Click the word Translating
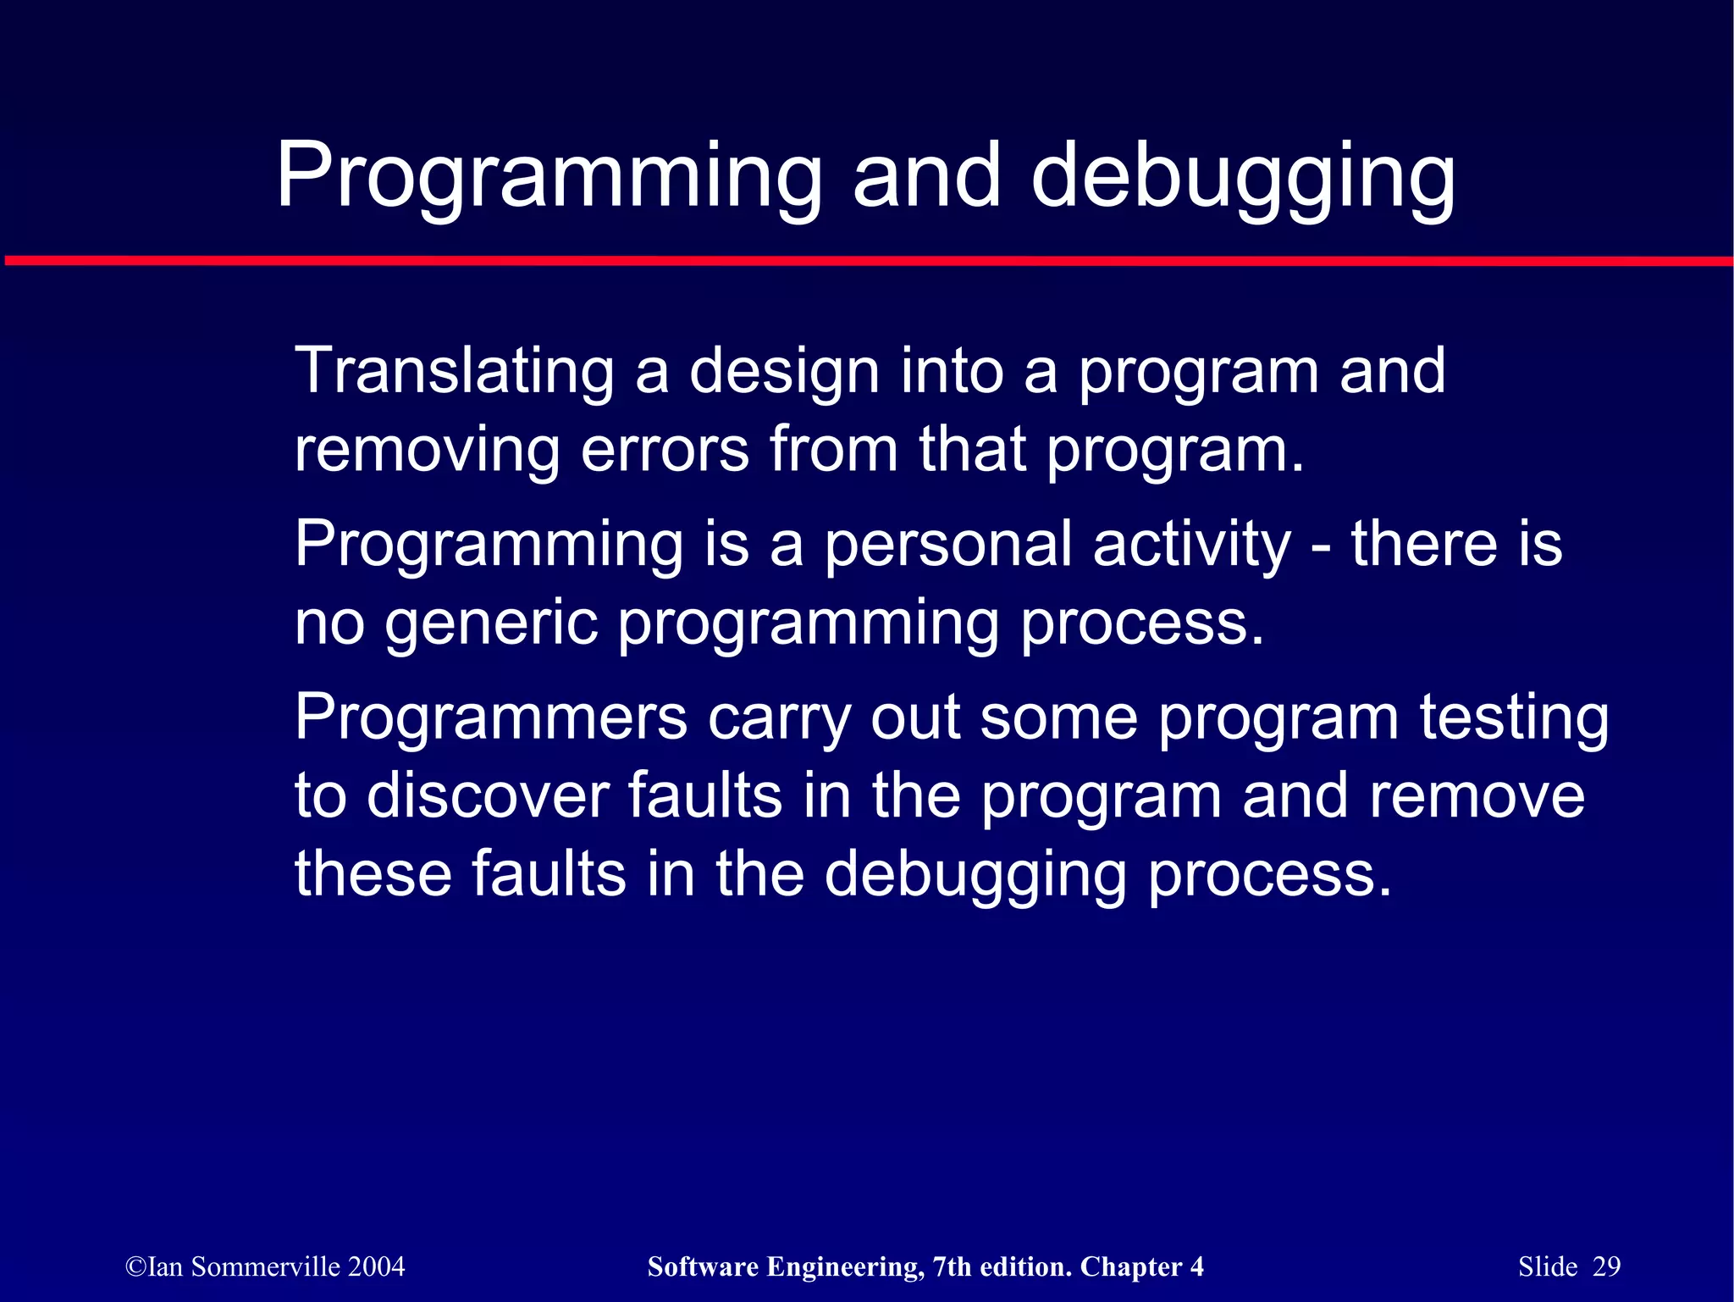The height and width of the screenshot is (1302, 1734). pos(454,372)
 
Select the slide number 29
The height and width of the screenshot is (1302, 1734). pos(1606,1266)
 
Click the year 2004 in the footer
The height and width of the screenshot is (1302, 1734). pos(376,1266)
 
